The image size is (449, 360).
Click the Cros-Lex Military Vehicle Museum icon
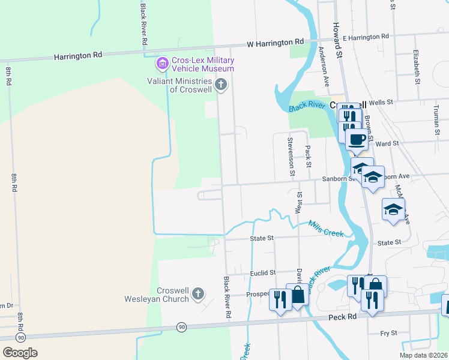162,63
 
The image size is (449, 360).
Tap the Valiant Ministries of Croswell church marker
221,84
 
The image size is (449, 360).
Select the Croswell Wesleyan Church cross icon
199,293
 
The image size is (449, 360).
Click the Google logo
20,353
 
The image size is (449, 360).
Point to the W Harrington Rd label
276,43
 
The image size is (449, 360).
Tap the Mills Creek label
326,228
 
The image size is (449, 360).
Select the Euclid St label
262,272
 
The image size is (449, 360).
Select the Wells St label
381,103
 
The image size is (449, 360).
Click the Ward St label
387,143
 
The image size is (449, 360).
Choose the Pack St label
308,157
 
